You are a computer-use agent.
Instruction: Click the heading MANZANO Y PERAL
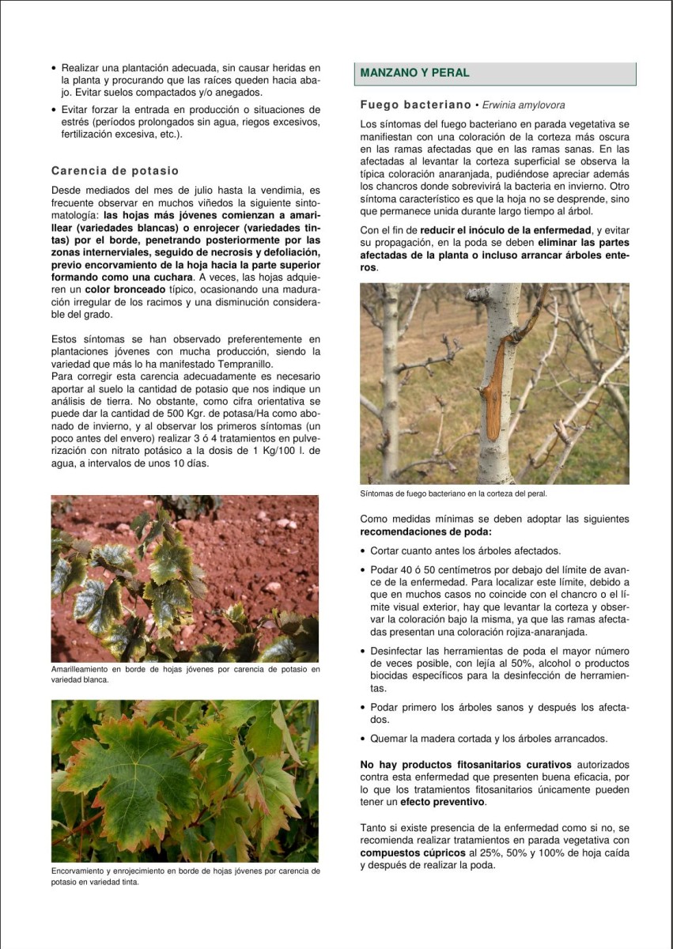point(414,73)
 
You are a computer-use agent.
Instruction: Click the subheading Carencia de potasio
point(115,171)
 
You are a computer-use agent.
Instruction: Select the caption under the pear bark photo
point(453,493)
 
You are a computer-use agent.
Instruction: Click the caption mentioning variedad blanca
point(185,674)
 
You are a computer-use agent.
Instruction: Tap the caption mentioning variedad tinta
point(185,876)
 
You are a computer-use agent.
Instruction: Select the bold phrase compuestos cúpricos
point(403,853)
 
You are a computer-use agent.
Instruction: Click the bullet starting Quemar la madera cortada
point(489,739)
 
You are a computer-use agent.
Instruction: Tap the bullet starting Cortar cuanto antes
point(465,550)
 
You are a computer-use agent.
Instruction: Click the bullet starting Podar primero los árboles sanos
point(498,713)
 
